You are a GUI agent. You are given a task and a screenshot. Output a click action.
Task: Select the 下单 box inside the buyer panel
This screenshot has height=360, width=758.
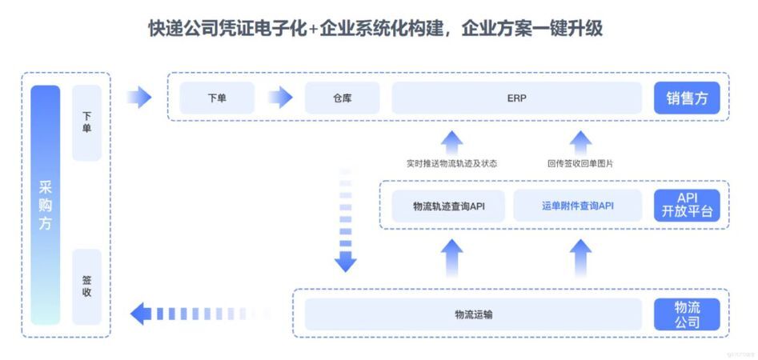[86, 122]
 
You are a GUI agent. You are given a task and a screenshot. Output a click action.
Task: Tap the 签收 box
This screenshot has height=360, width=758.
[86, 286]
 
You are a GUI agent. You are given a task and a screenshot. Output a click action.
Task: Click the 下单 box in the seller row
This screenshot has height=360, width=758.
[217, 98]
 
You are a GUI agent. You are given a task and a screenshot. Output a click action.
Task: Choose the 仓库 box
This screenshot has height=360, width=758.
[343, 98]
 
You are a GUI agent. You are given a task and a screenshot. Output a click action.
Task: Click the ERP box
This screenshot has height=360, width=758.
[516, 98]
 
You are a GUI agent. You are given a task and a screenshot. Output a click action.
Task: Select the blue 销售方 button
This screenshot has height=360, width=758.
[687, 98]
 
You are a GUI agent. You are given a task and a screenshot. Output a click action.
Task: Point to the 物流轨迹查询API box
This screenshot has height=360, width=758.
[448, 206]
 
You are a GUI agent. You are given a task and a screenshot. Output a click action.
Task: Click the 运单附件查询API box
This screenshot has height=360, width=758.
[576, 206]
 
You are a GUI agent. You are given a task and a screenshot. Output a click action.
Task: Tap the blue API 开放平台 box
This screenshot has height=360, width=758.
[687, 206]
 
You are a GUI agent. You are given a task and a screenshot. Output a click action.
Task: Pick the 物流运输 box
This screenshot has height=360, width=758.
[473, 314]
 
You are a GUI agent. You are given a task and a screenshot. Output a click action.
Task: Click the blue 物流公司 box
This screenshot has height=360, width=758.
[687, 314]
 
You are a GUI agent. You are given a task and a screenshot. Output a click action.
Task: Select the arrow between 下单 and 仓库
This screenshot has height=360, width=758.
[280, 98]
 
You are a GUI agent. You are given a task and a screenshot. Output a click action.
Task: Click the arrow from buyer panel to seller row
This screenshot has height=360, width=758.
[139, 98]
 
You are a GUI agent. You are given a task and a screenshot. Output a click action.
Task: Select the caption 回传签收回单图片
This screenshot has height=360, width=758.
[580, 163]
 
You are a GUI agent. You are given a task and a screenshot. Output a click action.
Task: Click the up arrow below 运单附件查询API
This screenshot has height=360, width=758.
[581, 258]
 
